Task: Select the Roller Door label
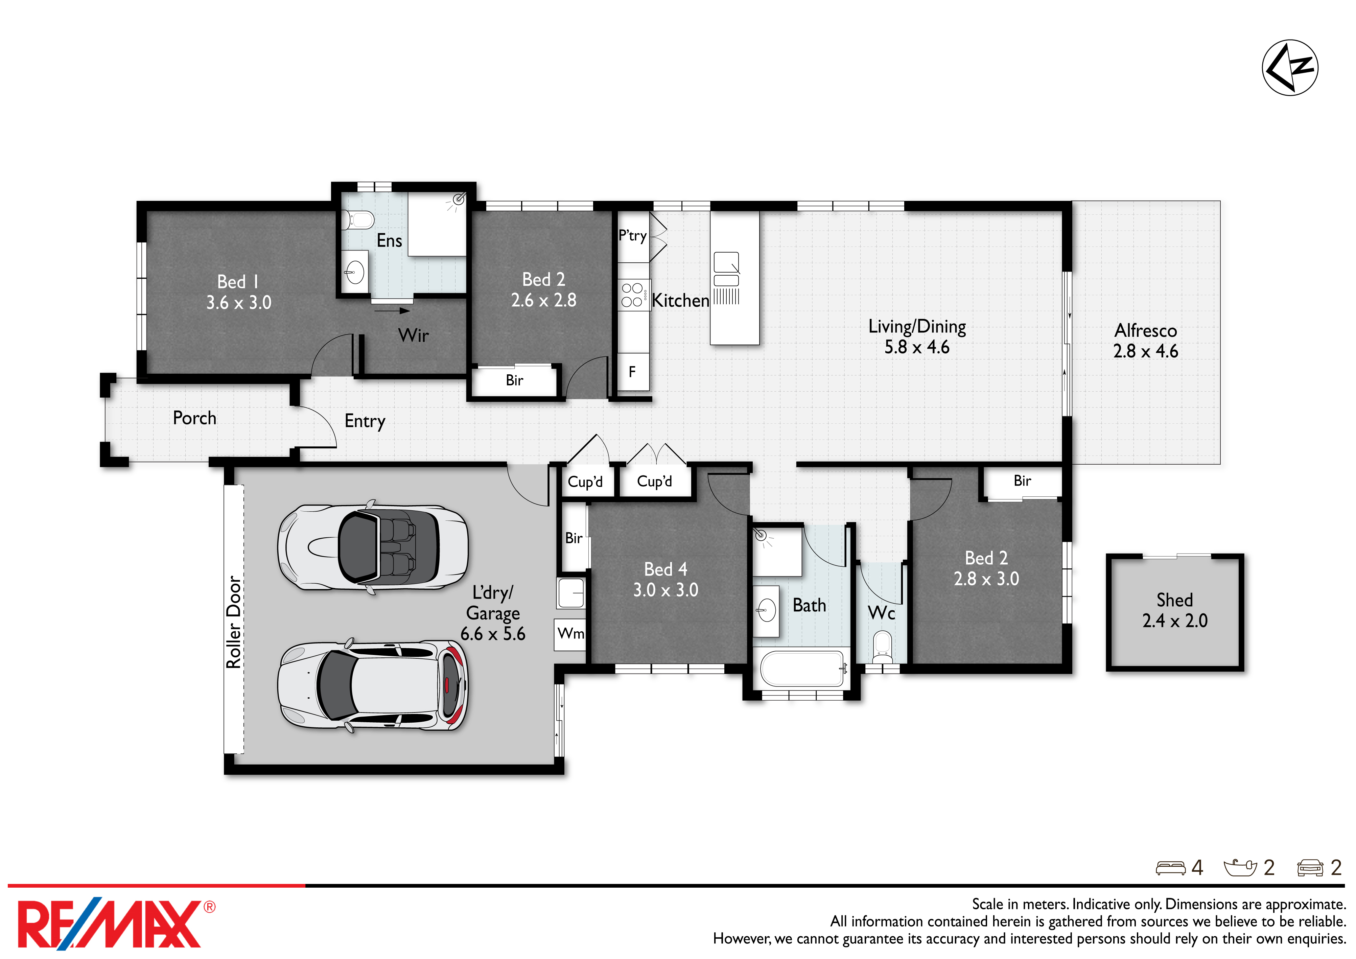tap(234, 622)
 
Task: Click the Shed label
tap(1175, 600)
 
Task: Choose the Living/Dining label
tap(917, 327)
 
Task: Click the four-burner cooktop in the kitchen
tap(633, 295)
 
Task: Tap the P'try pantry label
tap(633, 236)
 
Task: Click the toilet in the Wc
tap(882, 646)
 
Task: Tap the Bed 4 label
tap(665, 569)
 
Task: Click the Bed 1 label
tap(238, 282)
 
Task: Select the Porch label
tap(194, 418)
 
